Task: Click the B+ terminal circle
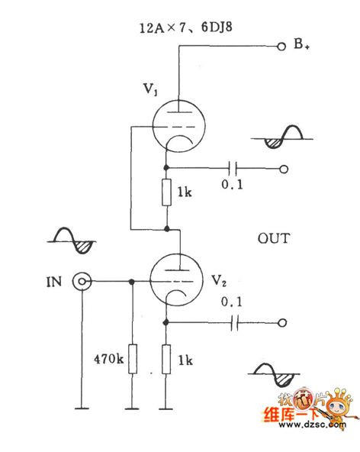[281, 47]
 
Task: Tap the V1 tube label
[150, 89]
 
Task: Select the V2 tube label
[219, 280]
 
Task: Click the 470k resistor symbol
[133, 359]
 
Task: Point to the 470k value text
[109, 359]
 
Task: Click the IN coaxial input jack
[82, 282]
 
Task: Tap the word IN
[54, 282]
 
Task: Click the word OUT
[274, 238]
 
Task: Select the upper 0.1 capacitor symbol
[233, 168]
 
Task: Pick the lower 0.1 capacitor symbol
[234, 323]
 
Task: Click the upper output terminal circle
[284, 169]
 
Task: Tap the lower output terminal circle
[282, 323]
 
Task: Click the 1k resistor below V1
[166, 192]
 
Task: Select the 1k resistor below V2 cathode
[166, 359]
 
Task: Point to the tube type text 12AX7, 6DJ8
[186, 28]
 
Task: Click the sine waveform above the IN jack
[72, 241]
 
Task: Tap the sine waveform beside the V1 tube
[282, 137]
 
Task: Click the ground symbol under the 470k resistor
[132, 408]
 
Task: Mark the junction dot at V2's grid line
[132, 282]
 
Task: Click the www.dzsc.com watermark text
[313, 425]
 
